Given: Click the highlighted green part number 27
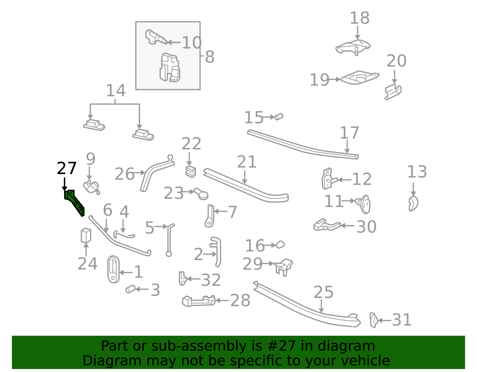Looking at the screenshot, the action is pyautogui.click(x=74, y=203).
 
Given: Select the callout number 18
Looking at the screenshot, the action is pyautogui.click(x=359, y=18).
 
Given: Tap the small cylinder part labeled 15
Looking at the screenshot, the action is pyautogui.click(x=279, y=116).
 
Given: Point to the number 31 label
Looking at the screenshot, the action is pyautogui.click(x=402, y=320).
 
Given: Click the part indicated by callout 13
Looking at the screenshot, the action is pyautogui.click(x=413, y=203).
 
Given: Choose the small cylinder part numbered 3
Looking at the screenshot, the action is pyautogui.click(x=130, y=289).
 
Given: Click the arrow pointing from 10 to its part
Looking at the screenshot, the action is pyautogui.click(x=174, y=43).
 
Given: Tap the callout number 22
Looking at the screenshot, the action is pyautogui.click(x=191, y=144).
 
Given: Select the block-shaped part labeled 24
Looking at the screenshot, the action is pyautogui.click(x=86, y=236).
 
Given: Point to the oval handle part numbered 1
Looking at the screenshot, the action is pyautogui.click(x=113, y=269).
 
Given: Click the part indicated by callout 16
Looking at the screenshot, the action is pyautogui.click(x=280, y=245).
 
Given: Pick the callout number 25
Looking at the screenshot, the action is pyautogui.click(x=323, y=292).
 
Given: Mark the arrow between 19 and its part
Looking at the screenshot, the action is pyautogui.click(x=334, y=79).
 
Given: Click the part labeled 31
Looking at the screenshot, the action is pyautogui.click(x=373, y=320).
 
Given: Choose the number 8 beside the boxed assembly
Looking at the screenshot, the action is pyautogui.click(x=210, y=57).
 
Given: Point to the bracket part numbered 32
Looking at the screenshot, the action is pyautogui.click(x=183, y=278).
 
